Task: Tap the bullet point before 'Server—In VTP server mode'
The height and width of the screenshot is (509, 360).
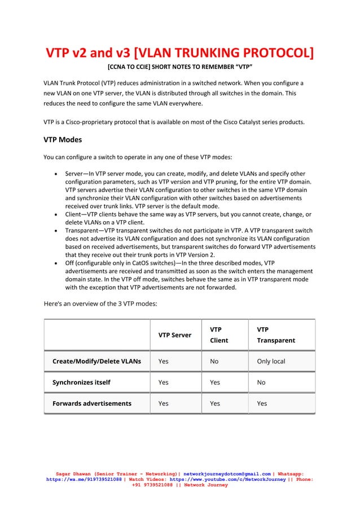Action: (x=55, y=174)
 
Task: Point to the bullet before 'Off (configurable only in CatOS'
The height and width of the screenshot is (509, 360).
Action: (x=55, y=264)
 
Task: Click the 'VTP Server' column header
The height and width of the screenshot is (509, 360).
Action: (x=174, y=335)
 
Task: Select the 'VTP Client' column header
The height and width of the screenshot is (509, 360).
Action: (x=219, y=335)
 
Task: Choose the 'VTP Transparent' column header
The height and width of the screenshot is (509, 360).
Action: (x=275, y=335)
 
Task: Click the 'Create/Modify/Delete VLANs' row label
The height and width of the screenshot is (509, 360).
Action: (x=96, y=362)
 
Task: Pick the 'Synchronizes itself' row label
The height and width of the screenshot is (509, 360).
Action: (x=81, y=383)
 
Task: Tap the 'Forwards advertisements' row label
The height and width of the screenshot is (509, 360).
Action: (x=91, y=403)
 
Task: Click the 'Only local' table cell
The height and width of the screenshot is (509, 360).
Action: (x=271, y=362)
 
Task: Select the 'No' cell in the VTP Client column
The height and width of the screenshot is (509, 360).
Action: (x=214, y=362)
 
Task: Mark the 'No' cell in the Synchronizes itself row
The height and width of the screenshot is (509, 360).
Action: (x=261, y=383)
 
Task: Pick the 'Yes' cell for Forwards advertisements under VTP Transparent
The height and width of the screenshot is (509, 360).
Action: (x=262, y=403)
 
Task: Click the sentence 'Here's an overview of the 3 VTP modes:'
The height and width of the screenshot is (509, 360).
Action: (x=100, y=304)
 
